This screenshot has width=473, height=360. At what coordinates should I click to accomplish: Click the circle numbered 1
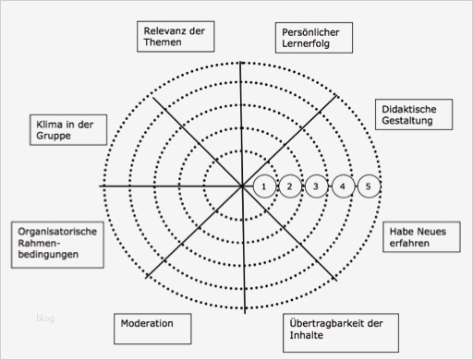point(264,186)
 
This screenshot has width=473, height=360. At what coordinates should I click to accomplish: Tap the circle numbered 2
point(290,186)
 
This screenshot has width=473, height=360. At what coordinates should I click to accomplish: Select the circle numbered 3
point(316,186)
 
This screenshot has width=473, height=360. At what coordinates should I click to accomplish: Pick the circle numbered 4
point(343,186)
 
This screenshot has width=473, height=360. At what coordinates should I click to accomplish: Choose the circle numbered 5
point(369,186)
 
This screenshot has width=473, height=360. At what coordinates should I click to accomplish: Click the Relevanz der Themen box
point(175,36)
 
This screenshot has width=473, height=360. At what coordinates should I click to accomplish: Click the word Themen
point(164,42)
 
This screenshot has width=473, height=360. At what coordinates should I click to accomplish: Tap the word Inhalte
point(308,336)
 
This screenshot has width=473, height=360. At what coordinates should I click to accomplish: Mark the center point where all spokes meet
point(242,186)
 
